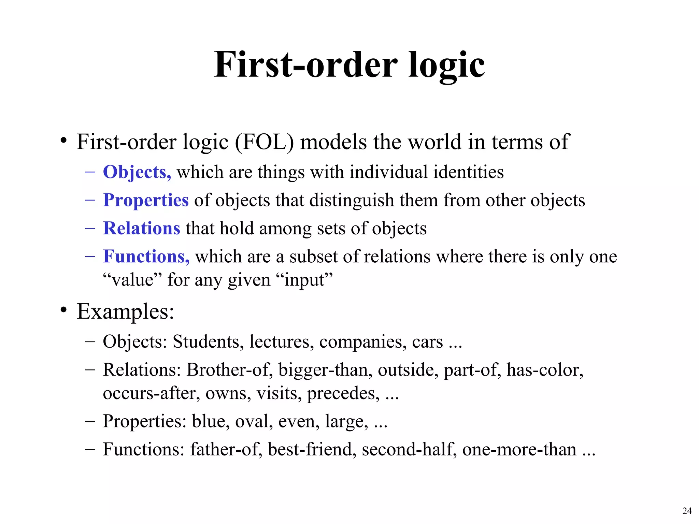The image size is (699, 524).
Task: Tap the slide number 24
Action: (x=687, y=511)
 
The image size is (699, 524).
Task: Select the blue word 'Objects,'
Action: (x=137, y=172)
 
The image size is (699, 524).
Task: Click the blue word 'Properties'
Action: (x=146, y=200)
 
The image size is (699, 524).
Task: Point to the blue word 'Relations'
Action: (x=142, y=228)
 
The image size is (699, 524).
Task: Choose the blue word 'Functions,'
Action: (x=146, y=256)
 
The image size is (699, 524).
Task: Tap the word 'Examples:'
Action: (x=125, y=311)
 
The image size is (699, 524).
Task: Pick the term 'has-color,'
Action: (x=545, y=370)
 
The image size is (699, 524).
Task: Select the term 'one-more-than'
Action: (x=519, y=449)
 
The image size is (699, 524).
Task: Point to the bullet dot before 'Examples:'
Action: (x=63, y=310)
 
